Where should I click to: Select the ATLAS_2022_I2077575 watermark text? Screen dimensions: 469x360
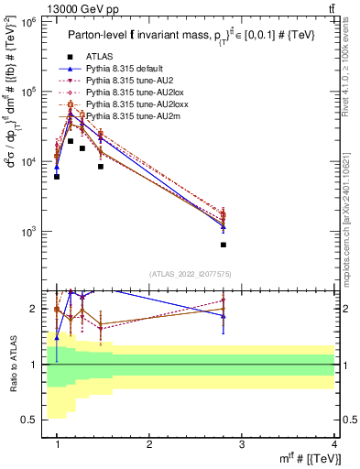click(x=190, y=274)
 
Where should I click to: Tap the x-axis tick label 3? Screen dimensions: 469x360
click(x=242, y=444)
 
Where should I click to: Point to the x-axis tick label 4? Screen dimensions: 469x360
click(x=333, y=444)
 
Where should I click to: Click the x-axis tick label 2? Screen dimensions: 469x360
click(x=149, y=444)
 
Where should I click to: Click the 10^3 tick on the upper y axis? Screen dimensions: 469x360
click(x=31, y=232)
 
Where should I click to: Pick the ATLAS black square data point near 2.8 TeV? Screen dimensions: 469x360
click(x=224, y=245)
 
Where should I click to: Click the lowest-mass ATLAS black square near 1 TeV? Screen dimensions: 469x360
click(x=57, y=177)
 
